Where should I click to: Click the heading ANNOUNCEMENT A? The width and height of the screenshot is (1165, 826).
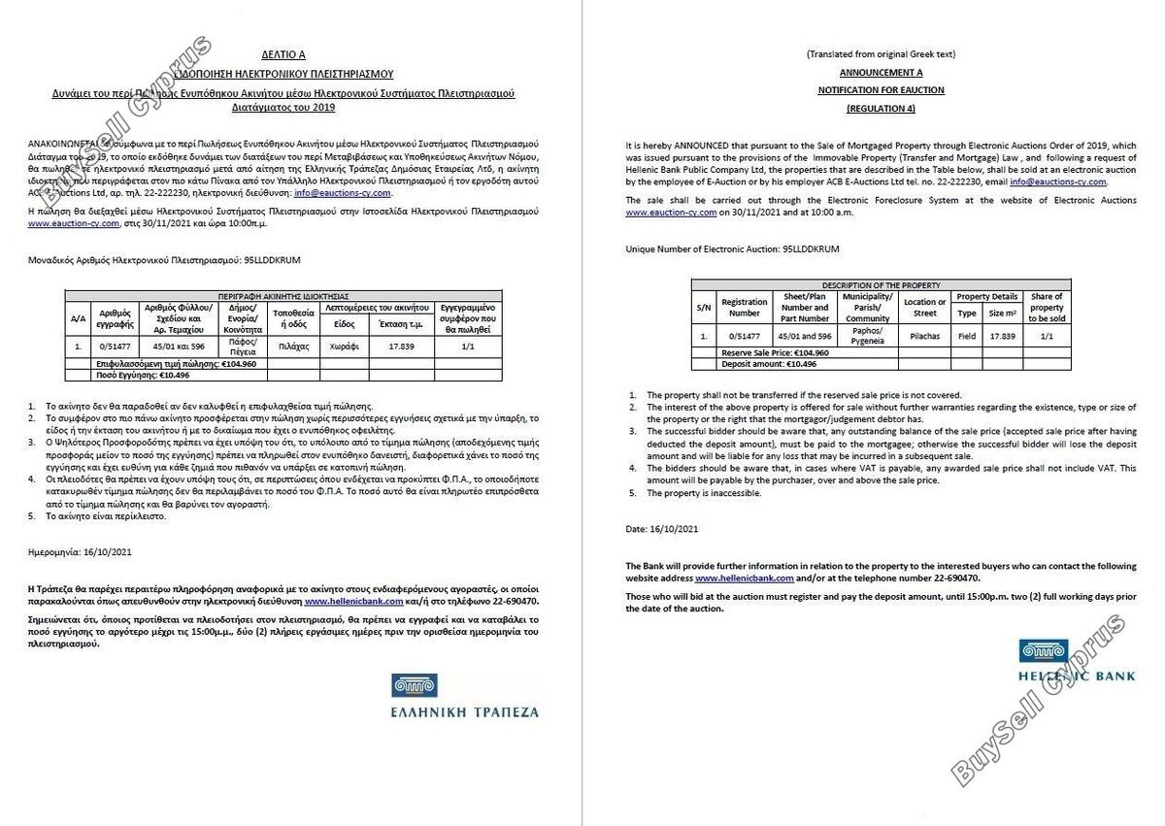pyautogui.click(x=881, y=72)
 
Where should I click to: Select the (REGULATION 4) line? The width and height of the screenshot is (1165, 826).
pyautogui.click(x=881, y=108)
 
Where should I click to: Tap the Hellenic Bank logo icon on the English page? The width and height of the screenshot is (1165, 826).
pyautogui.click(x=1043, y=651)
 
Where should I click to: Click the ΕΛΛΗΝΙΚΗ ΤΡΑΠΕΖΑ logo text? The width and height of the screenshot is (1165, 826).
pyautogui.click(x=464, y=711)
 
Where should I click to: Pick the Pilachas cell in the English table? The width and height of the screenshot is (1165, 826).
pyautogui.click(x=924, y=336)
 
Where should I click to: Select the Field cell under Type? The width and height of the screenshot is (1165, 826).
pyautogui.click(x=966, y=336)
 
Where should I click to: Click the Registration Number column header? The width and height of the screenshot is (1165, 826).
pyautogui.click(x=744, y=308)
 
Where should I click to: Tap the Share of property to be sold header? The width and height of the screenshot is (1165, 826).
pyautogui.click(x=1046, y=307)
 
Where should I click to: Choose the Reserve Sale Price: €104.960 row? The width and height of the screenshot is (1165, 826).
pyautogui.click(x=775, y=352)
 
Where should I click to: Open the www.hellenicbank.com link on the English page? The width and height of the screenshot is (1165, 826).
pyautogui.click(x=745, y=578)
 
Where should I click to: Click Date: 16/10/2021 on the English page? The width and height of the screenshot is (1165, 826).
pyautogui.click(x=662, y=529)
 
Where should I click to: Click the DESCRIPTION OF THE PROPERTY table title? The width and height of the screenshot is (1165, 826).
pyautogui.click(x=881, y=285)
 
